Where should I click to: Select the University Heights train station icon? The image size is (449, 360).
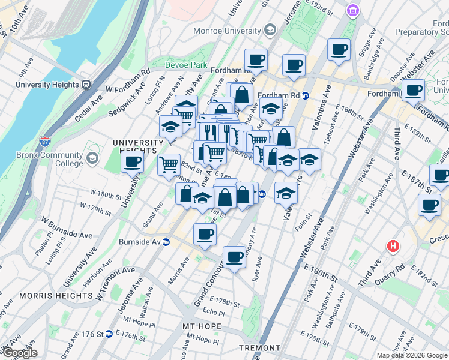click(x=86, y=85)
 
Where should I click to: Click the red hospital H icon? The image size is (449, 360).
click(x=393, y=246)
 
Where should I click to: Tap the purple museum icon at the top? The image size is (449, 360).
click(x=352, y=11)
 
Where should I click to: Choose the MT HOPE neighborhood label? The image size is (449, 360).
click(x=202, y=326)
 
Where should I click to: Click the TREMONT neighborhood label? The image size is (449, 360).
click(x=259, y=348)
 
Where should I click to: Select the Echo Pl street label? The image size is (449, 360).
click(x=213, y=313)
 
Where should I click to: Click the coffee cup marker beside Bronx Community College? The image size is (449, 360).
click(x=132, y=161)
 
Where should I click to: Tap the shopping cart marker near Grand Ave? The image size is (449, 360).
click(x=169, y=163)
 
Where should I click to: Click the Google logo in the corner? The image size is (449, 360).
click(x=19, y=353)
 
